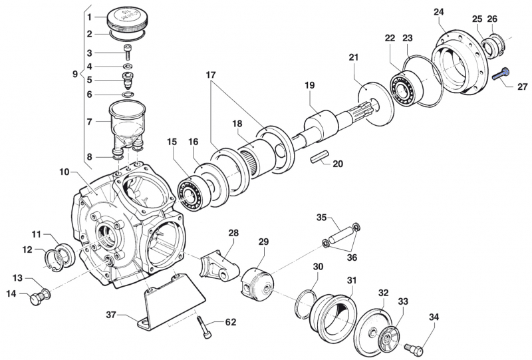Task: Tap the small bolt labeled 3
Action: pyautogui.click(x=128, y=54)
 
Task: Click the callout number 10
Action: pyautogui.click(x=64, y=172)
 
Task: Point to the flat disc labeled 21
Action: pyautogui.click(x=372, y=103)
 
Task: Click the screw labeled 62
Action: pyautogui.click(x=207, y=328)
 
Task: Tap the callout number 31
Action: pyautogui.click(x=352, y=280)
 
